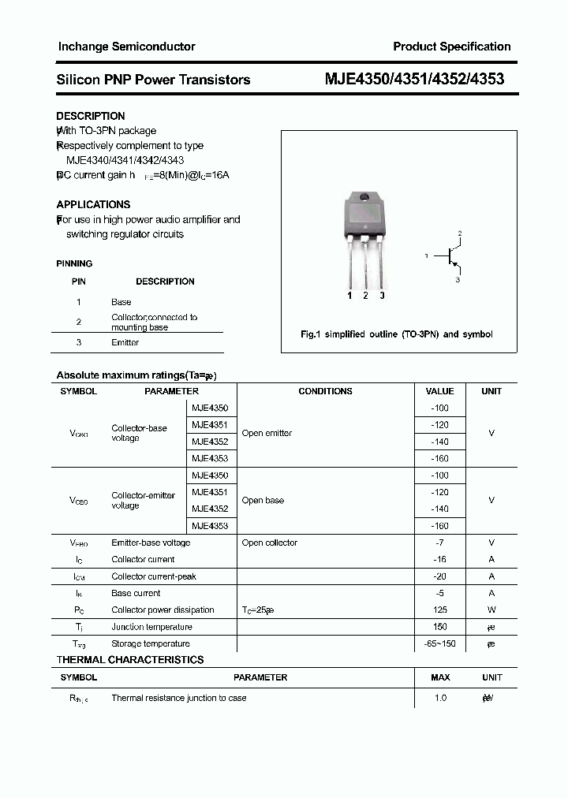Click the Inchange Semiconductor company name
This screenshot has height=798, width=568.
[126, 47]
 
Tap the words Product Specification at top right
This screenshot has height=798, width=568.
[452, 47]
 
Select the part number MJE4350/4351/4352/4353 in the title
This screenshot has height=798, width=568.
[415, 79]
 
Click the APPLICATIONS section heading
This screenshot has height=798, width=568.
[93, 204]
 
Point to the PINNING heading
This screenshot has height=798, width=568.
[74, 263]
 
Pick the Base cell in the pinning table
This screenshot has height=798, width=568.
[121, 302]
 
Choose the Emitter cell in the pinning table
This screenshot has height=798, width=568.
[125, 342]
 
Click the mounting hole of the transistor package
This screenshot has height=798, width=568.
[364, 198]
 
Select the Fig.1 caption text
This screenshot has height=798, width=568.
[397, 334]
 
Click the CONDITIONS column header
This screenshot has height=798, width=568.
[325, 391]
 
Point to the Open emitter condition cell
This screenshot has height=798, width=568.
[267, 433]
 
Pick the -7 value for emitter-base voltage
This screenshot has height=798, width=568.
[439, 543]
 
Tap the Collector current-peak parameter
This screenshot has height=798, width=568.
[154, 576]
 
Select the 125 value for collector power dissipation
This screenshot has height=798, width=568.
[439, 610]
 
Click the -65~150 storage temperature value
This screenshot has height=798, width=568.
[439, 643]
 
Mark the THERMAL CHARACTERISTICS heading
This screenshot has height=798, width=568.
[130, 660]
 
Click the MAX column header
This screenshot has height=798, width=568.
[440, 677]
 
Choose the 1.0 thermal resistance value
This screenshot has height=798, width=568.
[440, 698]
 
